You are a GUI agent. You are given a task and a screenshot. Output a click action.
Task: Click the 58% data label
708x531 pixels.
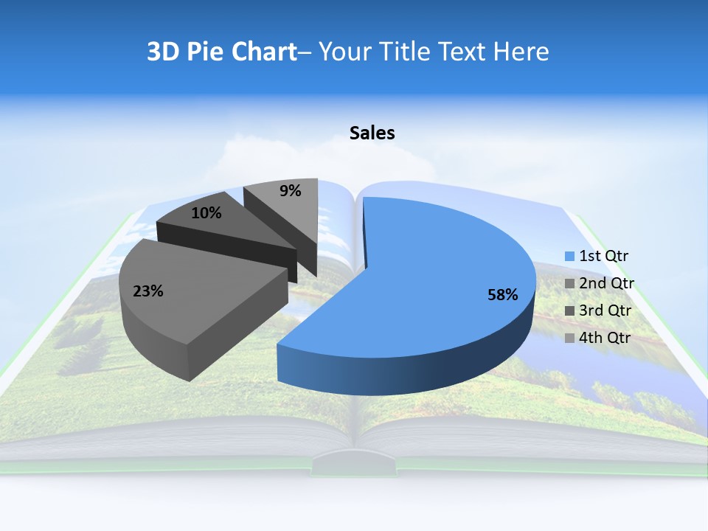coord(502,295)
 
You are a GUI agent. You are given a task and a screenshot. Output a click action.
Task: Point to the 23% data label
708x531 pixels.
coord(147,291)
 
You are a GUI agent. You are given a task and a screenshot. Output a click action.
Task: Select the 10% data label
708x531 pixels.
coord(206,213)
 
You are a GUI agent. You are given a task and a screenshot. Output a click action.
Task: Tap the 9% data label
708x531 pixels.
coord(291,191)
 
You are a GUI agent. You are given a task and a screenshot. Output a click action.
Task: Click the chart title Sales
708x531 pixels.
coord(372,133)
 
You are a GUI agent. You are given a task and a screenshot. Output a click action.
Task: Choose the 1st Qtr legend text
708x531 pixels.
coord(603,257)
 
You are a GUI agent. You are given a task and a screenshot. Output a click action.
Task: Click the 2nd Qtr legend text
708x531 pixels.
coord(606,284)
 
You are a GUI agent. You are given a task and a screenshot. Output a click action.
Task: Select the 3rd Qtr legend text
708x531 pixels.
coord(605,310)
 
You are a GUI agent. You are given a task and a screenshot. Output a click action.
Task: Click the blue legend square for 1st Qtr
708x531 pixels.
coord(569,257)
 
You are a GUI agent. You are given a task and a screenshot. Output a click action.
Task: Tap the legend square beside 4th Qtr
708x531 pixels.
coord(569,338)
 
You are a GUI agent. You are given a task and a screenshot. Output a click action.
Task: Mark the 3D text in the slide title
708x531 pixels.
coord(163,52)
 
